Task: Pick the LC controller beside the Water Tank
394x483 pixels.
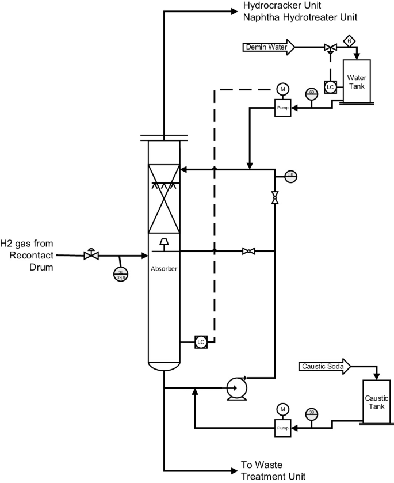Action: click(x=330, y=88)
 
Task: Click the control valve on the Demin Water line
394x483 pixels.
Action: click(x=330, y=47)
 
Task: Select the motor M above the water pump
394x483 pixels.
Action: click(x=282, y=89)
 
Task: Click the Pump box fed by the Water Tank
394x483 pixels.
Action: click(x=282, y=108)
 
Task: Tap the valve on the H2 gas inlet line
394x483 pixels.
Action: click(x=90, y=254)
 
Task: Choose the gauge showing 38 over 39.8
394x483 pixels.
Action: click(x=120, y=275)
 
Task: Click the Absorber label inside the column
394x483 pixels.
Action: click(x=165, y=268)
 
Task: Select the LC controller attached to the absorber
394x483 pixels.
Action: click(x=201, y=342)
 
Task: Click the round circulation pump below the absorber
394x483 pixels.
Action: click(x=235, y=388)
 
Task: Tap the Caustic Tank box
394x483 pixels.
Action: click(x=377, y=402)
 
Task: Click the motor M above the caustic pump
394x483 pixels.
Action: click(x=282, y=409)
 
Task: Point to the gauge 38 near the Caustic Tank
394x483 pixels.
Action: click(x=311, y=413)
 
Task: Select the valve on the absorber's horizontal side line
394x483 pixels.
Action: click(x=248, y=251)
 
